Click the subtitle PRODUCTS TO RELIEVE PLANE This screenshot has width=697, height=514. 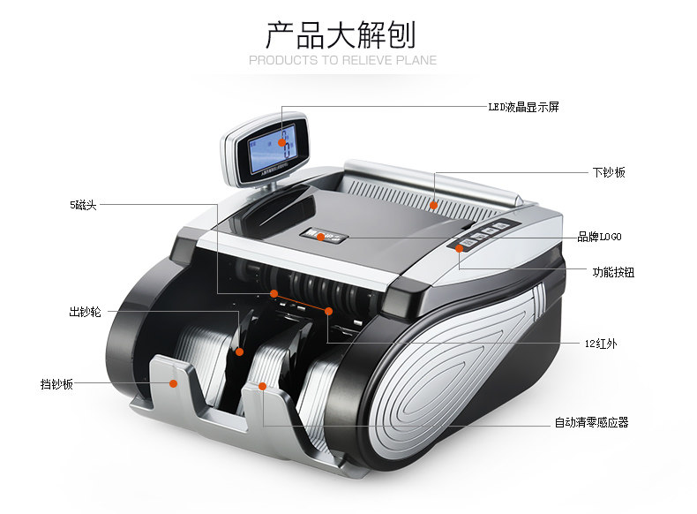342,61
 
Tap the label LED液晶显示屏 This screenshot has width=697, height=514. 523,107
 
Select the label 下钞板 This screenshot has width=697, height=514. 608,172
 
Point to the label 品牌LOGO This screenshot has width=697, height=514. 599,237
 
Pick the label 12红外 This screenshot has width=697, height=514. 600,344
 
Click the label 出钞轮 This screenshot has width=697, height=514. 86,312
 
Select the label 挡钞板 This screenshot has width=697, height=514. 56,384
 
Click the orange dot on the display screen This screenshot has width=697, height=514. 283,141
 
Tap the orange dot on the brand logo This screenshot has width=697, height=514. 320,237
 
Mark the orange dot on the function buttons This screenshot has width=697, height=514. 460,248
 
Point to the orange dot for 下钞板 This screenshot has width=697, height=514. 433,204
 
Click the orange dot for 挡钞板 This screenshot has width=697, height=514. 174,383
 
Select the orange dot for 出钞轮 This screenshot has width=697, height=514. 239,351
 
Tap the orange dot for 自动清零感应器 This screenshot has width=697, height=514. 263,386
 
